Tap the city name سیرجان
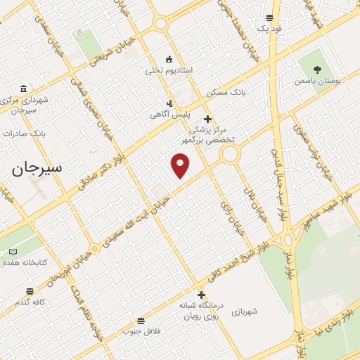click(37, 168)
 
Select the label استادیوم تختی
click(173, 70)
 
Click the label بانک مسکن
click(222, 93)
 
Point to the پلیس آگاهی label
click(167, 113)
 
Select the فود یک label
click(269, 28)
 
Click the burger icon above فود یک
click(269, 18)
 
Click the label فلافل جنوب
click(142, 330)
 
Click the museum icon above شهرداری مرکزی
click(24, 89)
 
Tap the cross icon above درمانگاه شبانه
click(202, 295)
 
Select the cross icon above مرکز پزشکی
click(207, 119)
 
